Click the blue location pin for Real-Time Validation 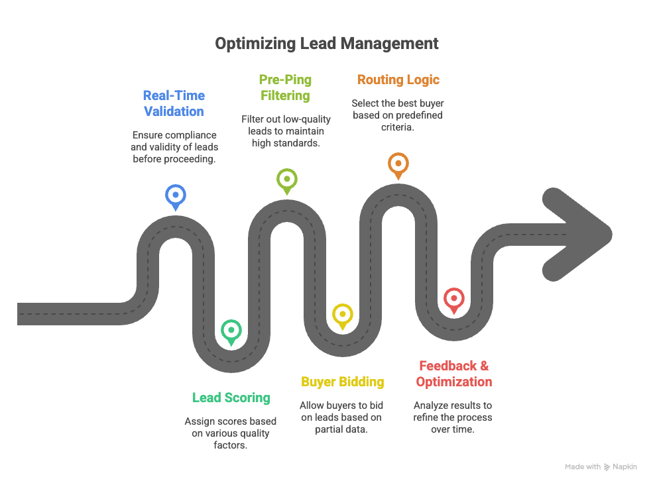pos(175,197)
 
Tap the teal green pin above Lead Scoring pos(231,332)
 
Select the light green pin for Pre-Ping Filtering pos(287,181)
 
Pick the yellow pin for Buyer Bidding pos(342,316)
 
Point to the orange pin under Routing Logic pos(398,165)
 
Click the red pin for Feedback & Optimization pos(454,299)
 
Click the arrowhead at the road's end pos(577,235)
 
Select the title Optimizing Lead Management pos(326,43)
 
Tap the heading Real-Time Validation pos(174,103)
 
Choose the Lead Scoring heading pos(231,398)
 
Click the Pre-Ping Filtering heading pos(285,87)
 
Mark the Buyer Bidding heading pos(342,382)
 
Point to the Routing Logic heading pos(398,80)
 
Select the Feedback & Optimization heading pos(454,374)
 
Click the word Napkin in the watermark pos(624,466)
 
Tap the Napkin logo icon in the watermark pos(607,467)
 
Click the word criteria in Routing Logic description pos(397,127)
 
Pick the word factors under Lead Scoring pos(230,445)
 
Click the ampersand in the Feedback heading pos(485,366)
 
